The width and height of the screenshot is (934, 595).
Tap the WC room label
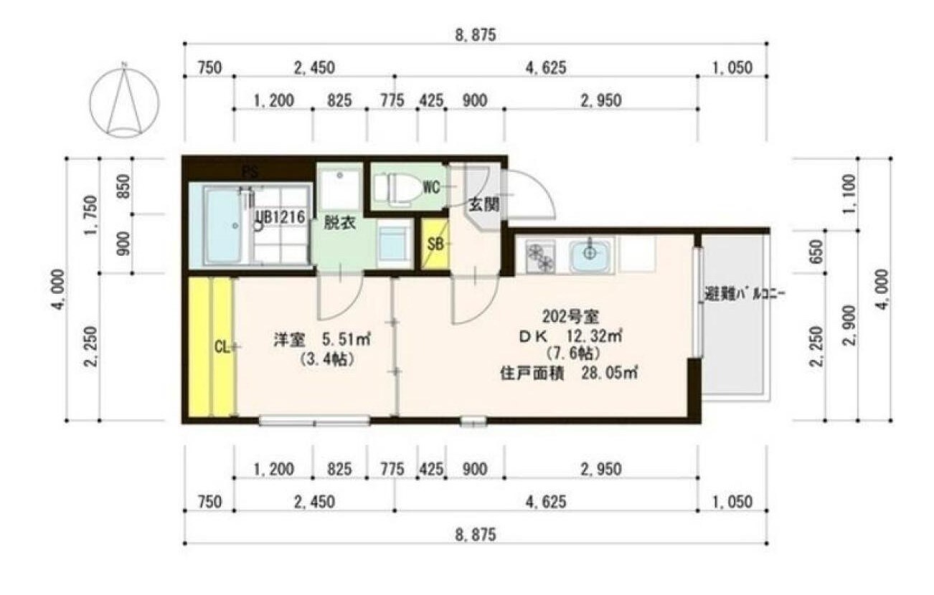point(430,188)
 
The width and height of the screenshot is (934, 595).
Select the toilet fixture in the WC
point(399,189)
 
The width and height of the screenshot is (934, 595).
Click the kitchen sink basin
point(590,254)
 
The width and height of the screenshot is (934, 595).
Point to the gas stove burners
point(539,257)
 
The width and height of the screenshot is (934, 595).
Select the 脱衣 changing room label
point(339,222)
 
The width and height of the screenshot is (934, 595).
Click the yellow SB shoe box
point(435,244)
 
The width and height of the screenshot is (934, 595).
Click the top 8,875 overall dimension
point(475,34)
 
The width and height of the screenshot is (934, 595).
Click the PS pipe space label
point(250,172)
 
